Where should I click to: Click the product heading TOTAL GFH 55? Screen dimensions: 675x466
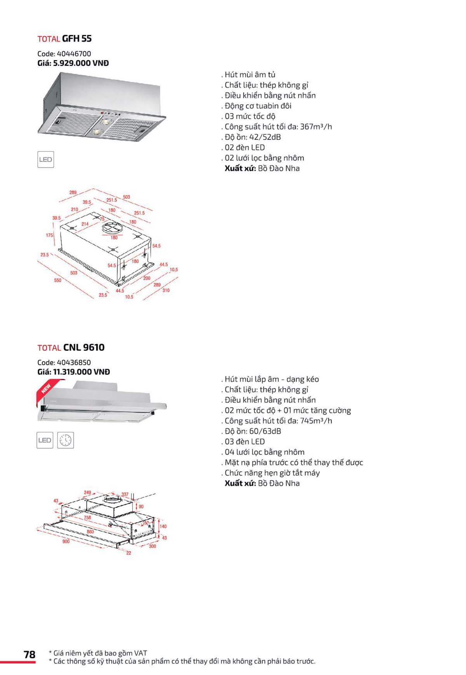click(x=64, y=38)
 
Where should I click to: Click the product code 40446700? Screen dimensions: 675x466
click(x=74, y=54)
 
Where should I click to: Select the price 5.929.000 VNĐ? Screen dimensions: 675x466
click(x=81, y=63)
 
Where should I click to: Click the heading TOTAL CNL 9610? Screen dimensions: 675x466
click(x=71, y=347)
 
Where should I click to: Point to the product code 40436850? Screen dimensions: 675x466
click(x=74, y=362)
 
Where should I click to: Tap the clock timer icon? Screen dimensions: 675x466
click(x=66, y=440)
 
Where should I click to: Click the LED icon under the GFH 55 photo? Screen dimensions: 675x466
click(x=45, y=160)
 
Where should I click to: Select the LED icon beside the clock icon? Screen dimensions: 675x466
click(x=45, y=440)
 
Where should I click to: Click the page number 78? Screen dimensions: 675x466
click(x=30, y=654)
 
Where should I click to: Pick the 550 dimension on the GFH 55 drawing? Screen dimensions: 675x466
click(x=57, y=280)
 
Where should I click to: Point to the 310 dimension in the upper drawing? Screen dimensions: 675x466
click(x=166, y=290)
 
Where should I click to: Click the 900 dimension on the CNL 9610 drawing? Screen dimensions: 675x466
click(x=66, y=541)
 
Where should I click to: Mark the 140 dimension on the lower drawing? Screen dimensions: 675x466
click(x=163, y=526)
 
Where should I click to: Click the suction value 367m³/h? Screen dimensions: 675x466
click(x=316, y=127)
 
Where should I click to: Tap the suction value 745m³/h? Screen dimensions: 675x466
click(x=316, y=420)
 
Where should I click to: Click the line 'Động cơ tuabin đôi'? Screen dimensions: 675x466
click(x=257, y=106)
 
